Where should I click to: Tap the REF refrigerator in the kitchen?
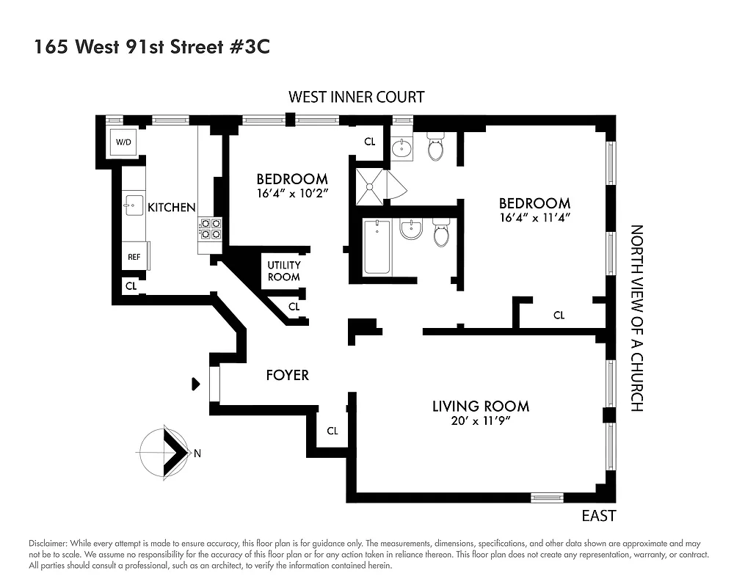[134, 257]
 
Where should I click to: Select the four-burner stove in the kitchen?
[211, 229]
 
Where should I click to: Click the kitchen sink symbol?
[134, 205]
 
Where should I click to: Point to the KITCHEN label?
[172, 208]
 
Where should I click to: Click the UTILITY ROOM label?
[283, 271]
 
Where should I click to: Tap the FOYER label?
[287, 375]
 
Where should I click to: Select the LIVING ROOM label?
[480, 406]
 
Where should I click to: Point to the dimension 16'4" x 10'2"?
[291, 194]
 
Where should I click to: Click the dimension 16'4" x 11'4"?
[534, 218]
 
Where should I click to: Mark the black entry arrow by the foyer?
[195, 383]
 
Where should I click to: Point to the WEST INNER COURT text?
[356, 97]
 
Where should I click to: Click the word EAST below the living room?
[598, 516]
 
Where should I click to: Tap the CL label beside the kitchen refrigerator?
[131, 286]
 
